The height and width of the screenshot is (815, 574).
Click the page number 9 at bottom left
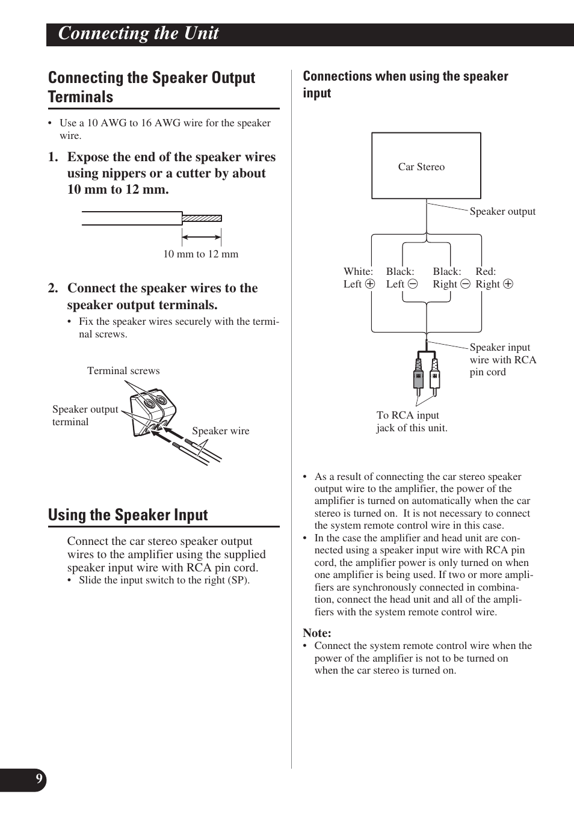[x=39, y=780]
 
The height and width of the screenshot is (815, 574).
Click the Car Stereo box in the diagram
[x=426, y=166]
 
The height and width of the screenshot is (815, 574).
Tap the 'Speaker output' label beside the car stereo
[x=502, y=211]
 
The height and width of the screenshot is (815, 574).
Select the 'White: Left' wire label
[x=359, y=278]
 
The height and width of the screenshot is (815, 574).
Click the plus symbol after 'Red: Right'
[x=508, y=284]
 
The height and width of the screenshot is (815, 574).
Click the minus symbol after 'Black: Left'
[x=412, y=284]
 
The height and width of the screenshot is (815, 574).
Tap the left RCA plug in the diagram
[x=418, y=376]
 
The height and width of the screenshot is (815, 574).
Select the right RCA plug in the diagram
[x=434, y=376]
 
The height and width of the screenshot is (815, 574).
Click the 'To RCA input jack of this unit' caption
[x=412, y=422]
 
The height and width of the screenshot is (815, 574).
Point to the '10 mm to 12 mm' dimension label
[x=201, y=254]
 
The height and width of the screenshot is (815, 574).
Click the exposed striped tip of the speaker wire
[x=202, y=218]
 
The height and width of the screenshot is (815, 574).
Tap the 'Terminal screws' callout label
[x=123, y=371]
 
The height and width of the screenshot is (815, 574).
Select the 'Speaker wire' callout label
[x=220, y=431]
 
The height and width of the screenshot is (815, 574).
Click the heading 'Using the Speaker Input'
[x=128, y=515]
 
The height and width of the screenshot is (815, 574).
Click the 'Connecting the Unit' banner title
[x=138, y=34]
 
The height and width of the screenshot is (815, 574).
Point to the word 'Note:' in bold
[x=317, y=633]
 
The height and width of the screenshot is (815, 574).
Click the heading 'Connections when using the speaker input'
[x=405, y=84]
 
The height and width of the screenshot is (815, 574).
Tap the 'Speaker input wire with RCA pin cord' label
[x=502, y=360]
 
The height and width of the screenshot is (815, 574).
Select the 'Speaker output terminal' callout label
[x=85, y=416]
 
